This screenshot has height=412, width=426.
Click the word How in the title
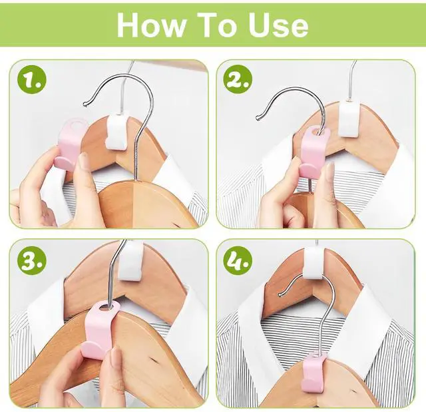pyautogui.click(x=151, y=25)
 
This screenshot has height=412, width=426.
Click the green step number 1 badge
pyautogui.click(x=31, y=80)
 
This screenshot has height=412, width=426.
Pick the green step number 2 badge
pyautogui.click(x=238, y=80)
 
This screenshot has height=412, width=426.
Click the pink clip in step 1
pyautogui.click(x=69, y=145)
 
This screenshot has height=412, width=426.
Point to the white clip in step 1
pyautogui.click(x=117, y=132)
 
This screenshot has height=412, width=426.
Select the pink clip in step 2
pyautogui.click(x=312, y=153)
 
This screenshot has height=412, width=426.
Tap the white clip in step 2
pyautogui.click(x=349, y=118)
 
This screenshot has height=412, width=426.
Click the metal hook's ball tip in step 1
pyautogui.click(x=85, y=103)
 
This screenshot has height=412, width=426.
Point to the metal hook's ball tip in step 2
pyautogui.click(x=258, y=118)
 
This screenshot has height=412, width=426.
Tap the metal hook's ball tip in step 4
pyautogui.click(x=280, y=294)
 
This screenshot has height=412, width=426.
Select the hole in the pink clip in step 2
pyautogui.click(x=318, y=132)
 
